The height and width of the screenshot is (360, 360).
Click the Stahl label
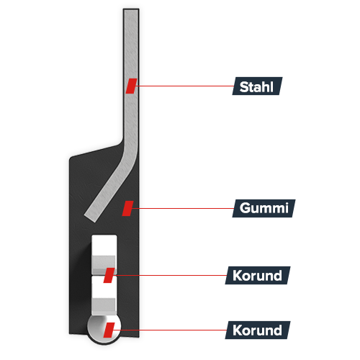pos(257,86)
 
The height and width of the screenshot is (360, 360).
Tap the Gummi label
pos(264,208)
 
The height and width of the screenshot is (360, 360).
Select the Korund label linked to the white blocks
pos(258,275)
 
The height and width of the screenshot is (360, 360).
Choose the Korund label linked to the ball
pos(258,330)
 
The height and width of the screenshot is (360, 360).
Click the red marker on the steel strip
pos(131,86)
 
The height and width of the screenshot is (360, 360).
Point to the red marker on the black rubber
pos(127,208)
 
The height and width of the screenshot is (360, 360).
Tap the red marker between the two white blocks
pos(109,275)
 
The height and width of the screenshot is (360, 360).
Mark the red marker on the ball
pos(109,330)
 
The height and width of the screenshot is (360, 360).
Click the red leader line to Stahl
pos(185,86)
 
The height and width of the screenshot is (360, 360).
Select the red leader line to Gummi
pos(183,208)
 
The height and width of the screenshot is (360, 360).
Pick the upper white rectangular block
pos(104,255)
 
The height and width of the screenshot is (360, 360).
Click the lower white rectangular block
pos(104,297)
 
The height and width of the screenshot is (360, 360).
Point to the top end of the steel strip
pos(131,10)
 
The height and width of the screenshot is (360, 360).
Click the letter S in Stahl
pos(244,87)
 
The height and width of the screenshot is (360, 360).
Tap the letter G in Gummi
pos(245,208)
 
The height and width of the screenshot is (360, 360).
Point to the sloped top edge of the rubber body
pos(96,151)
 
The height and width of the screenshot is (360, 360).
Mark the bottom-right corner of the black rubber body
pos(139,337)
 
